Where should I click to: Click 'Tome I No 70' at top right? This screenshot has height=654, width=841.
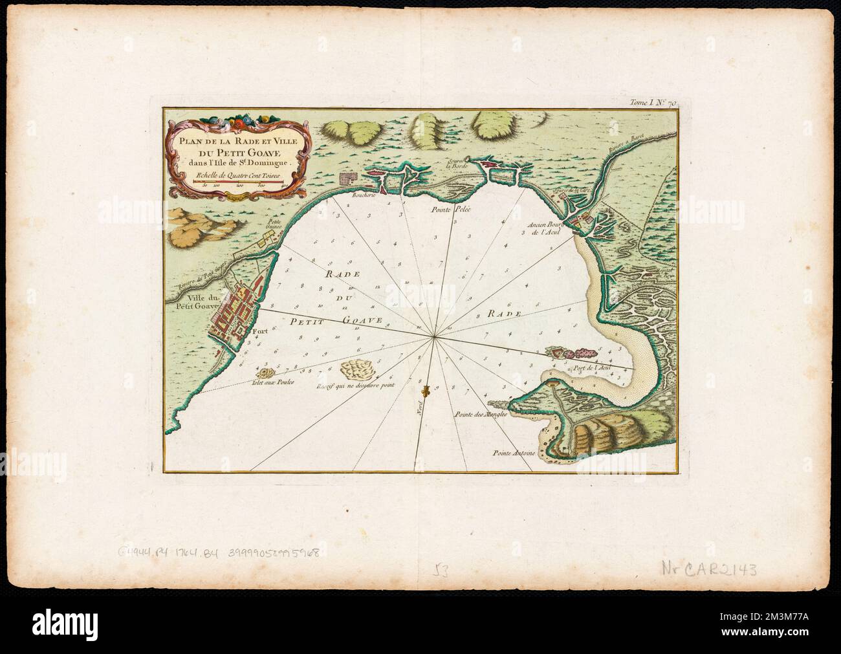655,102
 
